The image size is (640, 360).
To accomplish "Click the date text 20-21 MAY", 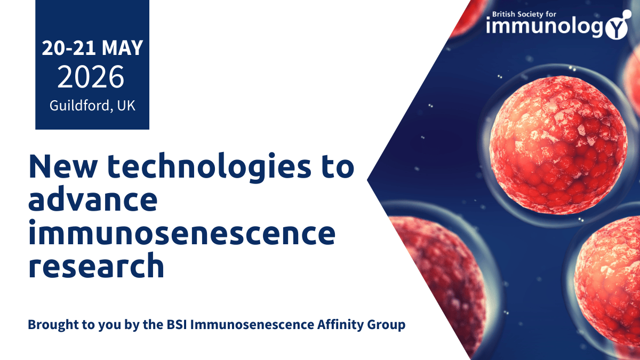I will tap(92, 49).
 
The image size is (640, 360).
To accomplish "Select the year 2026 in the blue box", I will tap(91, 78).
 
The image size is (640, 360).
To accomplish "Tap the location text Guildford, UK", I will tap(92, 105).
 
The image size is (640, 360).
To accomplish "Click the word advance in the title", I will tap(93, 201).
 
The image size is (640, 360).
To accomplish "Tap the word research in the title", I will tap(96, 266).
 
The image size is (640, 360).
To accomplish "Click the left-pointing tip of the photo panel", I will tap(369, 180).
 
